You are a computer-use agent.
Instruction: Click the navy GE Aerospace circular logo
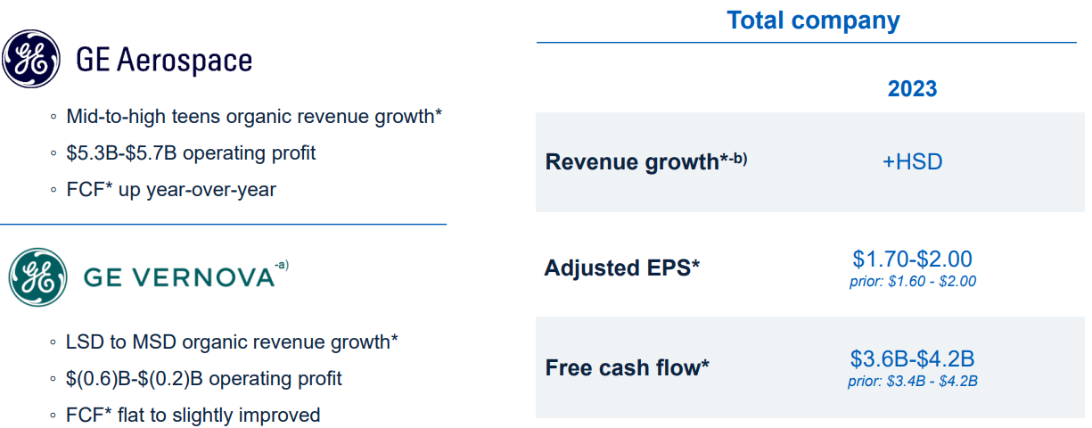click(x=31, y=59)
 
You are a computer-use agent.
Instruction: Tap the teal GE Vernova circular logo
click(x=38, y=277)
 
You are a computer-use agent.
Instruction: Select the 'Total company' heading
click(x=813, y=21)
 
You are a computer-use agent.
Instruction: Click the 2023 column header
click(x=912, y=88)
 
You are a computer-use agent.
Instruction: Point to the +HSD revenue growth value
click(x=912, y=162)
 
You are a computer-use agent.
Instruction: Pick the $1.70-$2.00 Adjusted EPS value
click(x=912, y=259)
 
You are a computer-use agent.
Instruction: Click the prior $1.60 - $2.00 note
click(x=913, y=281)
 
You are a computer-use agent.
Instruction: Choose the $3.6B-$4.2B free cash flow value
click(x=912, y=358)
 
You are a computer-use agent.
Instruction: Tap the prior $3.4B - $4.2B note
click(x=913, y=381)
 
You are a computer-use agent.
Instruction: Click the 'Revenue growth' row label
click(x=632, y=162)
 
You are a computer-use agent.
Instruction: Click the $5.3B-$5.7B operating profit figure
click(x=121, y=153)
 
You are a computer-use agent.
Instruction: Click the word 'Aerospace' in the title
click(x=185, y=61)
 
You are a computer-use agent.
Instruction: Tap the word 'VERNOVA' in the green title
click(x=203, y=278)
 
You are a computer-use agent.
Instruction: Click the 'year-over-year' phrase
click(x=211, y=190)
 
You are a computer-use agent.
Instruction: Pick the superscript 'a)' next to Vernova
click(x=282, y=265)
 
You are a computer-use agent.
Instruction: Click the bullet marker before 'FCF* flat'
click(x=53, y=416)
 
